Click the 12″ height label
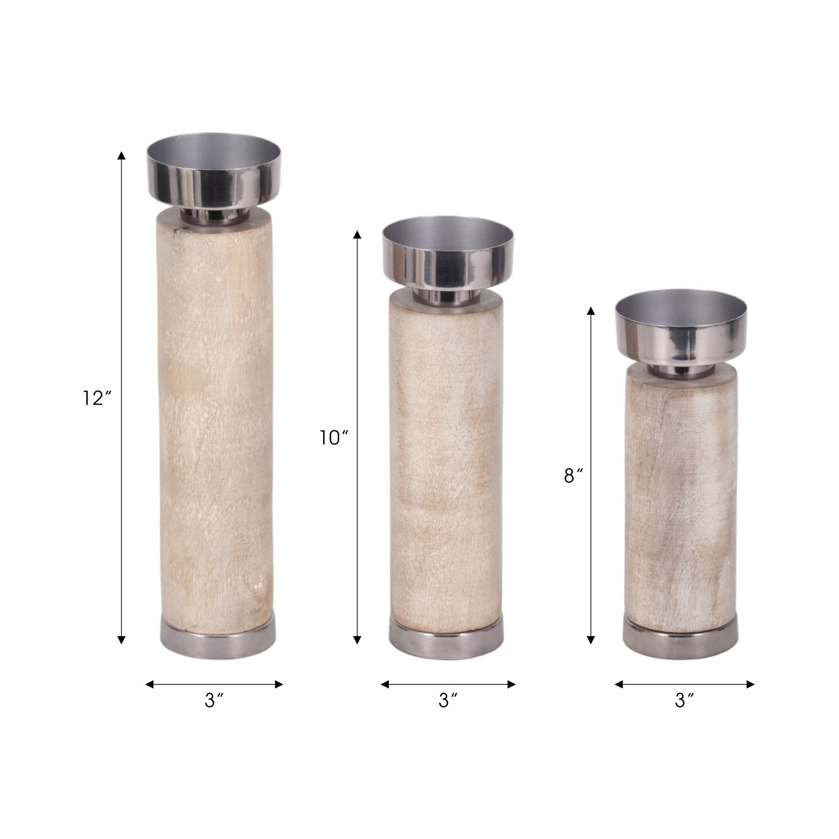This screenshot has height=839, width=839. click(x=97, y=398)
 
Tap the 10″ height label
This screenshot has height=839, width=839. click(x=334, y=438)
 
